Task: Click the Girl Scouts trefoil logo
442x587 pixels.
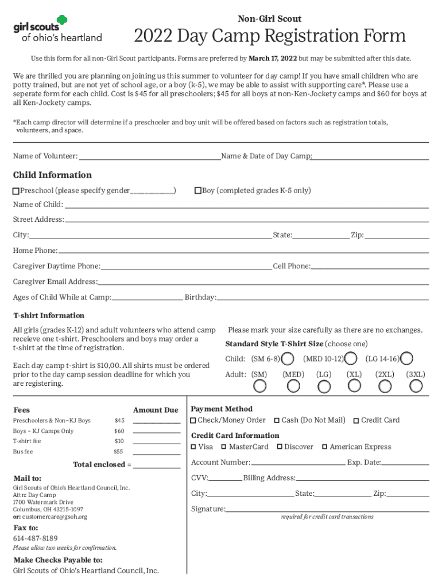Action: (61, 22)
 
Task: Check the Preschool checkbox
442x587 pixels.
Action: (16, 191)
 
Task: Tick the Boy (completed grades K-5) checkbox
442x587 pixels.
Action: (198, 191)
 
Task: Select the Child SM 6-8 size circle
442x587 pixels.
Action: (289, 359)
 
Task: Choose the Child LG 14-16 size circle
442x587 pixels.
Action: (407, 359)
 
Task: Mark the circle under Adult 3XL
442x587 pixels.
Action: (415, 386)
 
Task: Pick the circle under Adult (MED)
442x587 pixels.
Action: (293, 386)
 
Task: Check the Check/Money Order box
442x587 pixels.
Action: (193, 421)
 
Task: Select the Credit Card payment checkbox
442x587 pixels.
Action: (356, 421)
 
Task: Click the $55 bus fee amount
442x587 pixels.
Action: (119, 452)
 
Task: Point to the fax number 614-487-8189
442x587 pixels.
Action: (36, 538)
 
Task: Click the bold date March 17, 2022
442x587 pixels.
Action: (273, 58)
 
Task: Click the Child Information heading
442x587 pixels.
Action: (52, 175)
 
